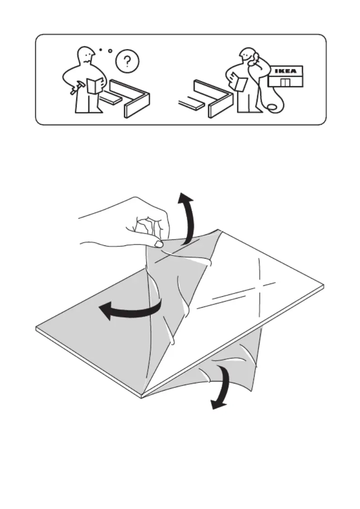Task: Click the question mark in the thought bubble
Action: click(128, 60)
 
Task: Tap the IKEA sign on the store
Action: click(285, 71)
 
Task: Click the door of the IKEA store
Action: click(285, 82)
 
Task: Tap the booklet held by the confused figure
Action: click(95, 86)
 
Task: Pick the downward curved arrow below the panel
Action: click(224, 387)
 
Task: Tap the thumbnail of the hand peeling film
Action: click(159, 244)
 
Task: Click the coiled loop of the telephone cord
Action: click(272, 107)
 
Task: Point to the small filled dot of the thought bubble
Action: click(101, 50)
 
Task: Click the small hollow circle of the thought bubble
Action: click(110, 51)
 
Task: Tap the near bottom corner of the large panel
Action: click(142, 396)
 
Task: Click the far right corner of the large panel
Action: click(324, 286)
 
